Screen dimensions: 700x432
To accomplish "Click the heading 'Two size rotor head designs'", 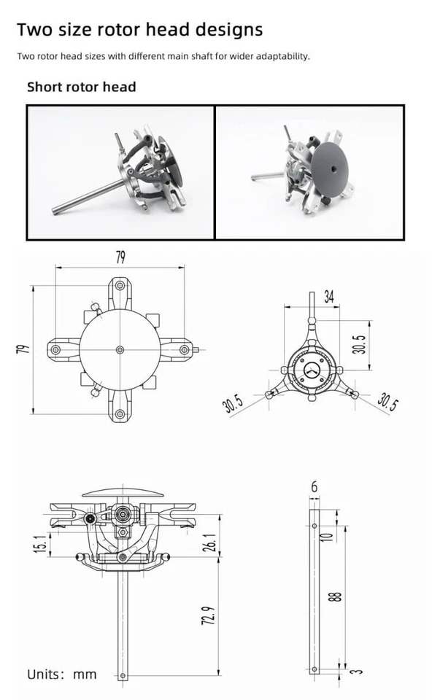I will [x=139, y=30].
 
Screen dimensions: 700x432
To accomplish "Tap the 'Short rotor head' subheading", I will [x=81, y=87].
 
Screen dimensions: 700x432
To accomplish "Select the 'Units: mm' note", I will [x=61, y=674].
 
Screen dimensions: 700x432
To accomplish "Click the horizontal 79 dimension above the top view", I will [x=120, y=257].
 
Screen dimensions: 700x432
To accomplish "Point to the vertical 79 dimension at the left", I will [x=23, y=349].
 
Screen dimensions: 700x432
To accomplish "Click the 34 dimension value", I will [x=329, y=297].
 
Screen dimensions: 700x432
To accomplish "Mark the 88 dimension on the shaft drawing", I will [x=335, y=596].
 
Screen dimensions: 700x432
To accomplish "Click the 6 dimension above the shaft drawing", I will [x=314, y=486].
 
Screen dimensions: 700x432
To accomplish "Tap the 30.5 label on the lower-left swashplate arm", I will [x=234, y=403].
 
